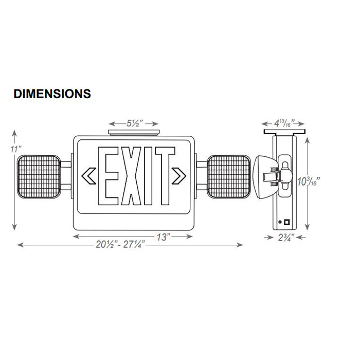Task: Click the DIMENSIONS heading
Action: [52, 94]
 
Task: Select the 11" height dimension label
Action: [17, 149]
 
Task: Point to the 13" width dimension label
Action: [164, 237]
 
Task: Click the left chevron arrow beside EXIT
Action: [88, 176]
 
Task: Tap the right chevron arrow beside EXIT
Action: [179, 176]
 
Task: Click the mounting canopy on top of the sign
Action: [134, 132]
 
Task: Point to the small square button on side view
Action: [286, 223]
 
